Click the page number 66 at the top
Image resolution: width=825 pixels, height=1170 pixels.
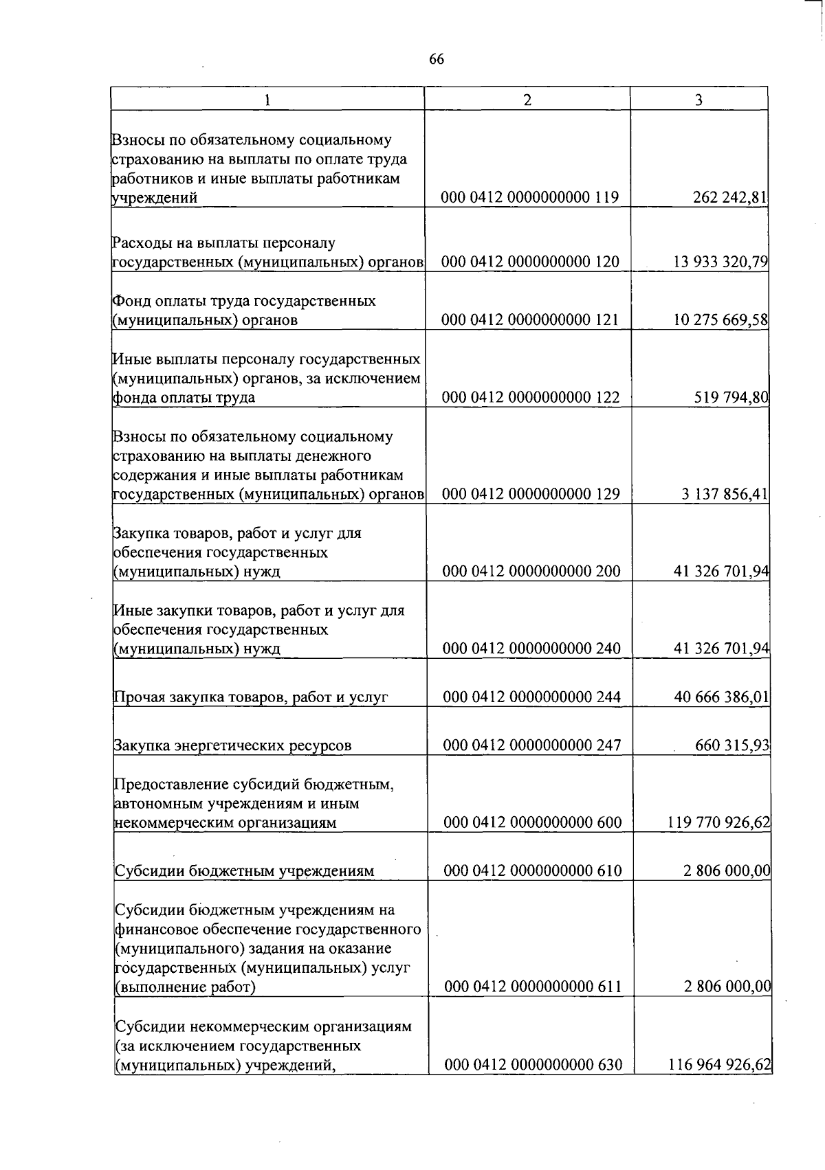[437, 60]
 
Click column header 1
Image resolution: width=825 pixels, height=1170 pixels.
[267, 100]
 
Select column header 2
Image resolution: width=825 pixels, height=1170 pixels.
[527, 100]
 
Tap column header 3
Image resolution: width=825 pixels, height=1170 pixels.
[698, 100]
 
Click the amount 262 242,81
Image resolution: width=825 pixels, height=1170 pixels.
[730, 198]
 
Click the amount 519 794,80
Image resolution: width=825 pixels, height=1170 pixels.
[731, 397]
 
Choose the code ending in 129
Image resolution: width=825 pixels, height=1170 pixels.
[531, 494]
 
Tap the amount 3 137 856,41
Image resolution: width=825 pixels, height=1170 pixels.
[725, 494]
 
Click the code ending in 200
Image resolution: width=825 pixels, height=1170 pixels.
[531, 571]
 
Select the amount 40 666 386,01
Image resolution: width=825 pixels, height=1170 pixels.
[722, 697]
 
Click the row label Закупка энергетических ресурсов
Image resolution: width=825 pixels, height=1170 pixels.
[233, 745]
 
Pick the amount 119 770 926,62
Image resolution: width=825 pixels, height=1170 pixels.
[719, 822]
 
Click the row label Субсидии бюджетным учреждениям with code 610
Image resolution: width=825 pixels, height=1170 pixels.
[244, 871]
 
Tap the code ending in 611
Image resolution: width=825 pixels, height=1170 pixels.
[533, 987]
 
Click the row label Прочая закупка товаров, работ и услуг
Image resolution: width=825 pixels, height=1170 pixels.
[251, 697]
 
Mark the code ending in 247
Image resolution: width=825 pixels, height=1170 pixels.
[532, 745]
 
